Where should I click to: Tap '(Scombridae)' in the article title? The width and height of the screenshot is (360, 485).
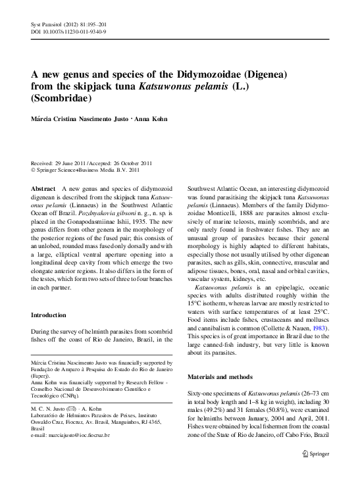63,98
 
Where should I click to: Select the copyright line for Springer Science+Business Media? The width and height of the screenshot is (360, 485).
86,169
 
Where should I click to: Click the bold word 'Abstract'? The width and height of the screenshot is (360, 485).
43,188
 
